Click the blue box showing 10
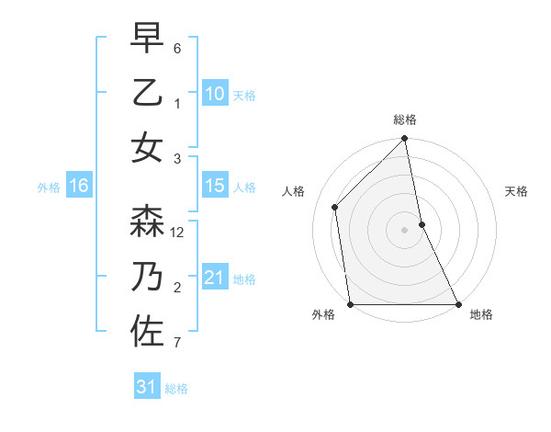click(214, 93)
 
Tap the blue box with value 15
click(214, 187)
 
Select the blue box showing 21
click(214, 278)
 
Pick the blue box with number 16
click(79, 187)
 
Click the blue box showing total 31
click(146, 387)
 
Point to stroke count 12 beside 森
click(178, 233)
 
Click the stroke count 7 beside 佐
click(177, 344)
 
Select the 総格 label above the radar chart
click(405, 119)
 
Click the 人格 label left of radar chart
click(293, 191)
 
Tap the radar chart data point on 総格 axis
click(405, 140)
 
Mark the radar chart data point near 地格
click(458, 304)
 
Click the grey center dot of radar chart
click(405, 230)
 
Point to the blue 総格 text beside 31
click(176, 389)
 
